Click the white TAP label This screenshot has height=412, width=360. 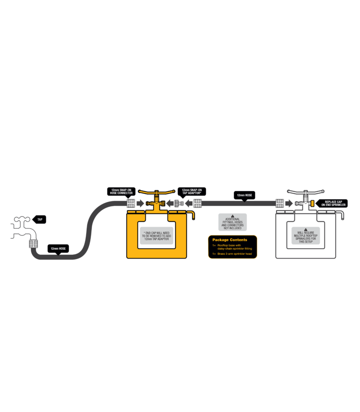(x=40, y=219)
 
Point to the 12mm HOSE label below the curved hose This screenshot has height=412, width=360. (x=58, y=248)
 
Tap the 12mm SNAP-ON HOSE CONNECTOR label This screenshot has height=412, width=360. (x=121, y=191)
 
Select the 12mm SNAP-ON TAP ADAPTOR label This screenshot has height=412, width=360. (x=192, y=191)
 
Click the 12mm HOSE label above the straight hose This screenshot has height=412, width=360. (x=244, y=195)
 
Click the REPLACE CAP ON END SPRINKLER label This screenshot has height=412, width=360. (x=333, y=204)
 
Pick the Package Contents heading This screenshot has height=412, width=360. (x=230, y=240)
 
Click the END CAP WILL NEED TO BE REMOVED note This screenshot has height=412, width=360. (x=157, y=236)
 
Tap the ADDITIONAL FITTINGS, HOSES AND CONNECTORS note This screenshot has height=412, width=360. (x=232, y=223)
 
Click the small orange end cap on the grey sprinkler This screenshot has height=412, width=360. (x=311, y=204)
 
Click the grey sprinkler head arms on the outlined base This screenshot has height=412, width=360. (x=306, y=191)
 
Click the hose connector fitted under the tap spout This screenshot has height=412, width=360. (x=33, y=244)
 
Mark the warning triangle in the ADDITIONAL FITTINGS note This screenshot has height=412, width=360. (x=232, y=216)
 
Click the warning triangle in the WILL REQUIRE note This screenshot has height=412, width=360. (x=306, y=229)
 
